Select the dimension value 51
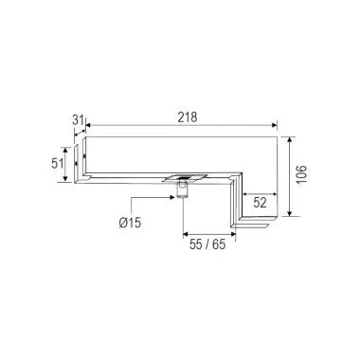[x=56, y=164]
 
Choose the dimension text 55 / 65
[x=207, y=244]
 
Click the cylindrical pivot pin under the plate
[x=180, y=194]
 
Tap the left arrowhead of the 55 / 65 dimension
[x=183, y=232]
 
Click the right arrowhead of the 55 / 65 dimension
[x=234, y=232]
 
